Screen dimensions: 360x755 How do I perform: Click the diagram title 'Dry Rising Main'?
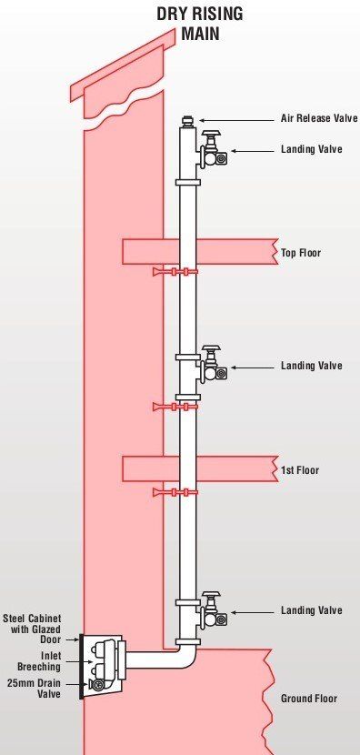(x=200, y=23)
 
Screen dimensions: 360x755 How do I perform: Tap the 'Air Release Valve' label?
(x=319, y=118)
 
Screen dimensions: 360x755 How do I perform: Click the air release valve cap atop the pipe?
(x=187, y=120)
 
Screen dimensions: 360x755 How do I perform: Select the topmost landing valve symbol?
(x=211, y=149)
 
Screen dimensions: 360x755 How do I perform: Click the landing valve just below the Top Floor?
(x=211, y=365)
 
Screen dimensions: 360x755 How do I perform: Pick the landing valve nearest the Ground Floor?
(x=211, y=610)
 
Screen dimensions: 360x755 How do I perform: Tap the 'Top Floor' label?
(x=301, y=253)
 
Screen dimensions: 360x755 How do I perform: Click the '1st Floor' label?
(x=300, y=469)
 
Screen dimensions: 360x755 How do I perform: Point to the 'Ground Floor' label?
(x=309, y=699)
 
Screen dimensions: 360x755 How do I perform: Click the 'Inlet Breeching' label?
(x=39, y=661)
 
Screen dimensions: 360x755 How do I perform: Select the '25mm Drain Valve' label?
(x=35, y=688)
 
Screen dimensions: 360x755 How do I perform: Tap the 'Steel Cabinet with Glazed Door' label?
(x=32, y=629)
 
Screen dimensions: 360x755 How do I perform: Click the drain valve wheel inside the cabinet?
(x=97, y=685)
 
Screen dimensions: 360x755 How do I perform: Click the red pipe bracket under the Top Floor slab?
(x=175, y=272)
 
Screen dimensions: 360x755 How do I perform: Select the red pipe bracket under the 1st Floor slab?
(x=175, y=492)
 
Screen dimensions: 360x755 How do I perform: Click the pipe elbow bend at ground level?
(x=185, y=658)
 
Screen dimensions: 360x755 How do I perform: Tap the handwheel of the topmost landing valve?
(x=211, y=134)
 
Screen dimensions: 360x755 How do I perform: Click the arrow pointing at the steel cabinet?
(x=72, y=639)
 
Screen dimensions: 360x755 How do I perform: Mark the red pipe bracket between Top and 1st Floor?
(x=175, y=408)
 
